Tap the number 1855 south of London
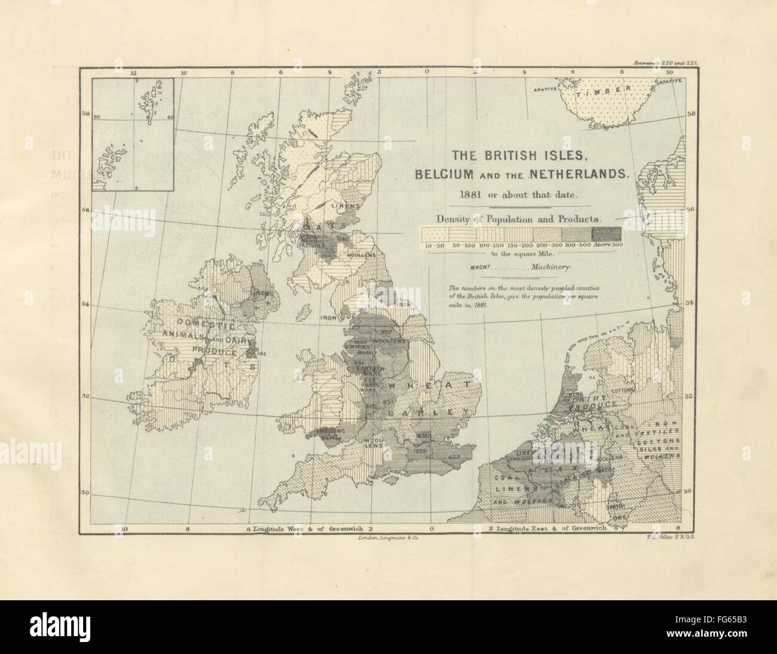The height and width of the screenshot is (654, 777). (420, 452)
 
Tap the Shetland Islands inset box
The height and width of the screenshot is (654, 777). (132, 134)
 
